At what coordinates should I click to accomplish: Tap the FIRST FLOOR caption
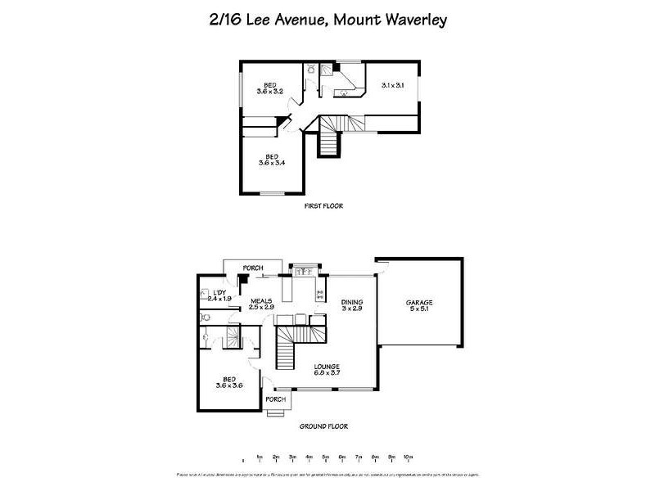pyautogui.click(x=323, y=206)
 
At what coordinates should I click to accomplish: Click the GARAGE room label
pyautogui.click(x=419, y=306)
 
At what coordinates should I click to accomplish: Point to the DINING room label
pyautogui.click(x=352, y=306)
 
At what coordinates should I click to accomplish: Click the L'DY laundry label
pyautogui.click(x=220, y=296)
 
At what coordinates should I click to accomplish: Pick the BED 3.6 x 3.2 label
pyautogui.click(x=270, y=88)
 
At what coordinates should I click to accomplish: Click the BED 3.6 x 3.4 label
pyautogui.click(x=271, y=160)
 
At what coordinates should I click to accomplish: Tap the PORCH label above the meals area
pyautogui.click(x=252, y=267)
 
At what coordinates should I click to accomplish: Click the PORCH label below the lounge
pyautogui.click(x=276, y=399)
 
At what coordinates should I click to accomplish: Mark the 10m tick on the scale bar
pyautogui.click(x=408, y=457)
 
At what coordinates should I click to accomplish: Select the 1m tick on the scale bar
pyautogui.click(x=259, y=457)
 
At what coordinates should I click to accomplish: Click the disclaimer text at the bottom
pyautogui.click(x=327, y=475)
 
